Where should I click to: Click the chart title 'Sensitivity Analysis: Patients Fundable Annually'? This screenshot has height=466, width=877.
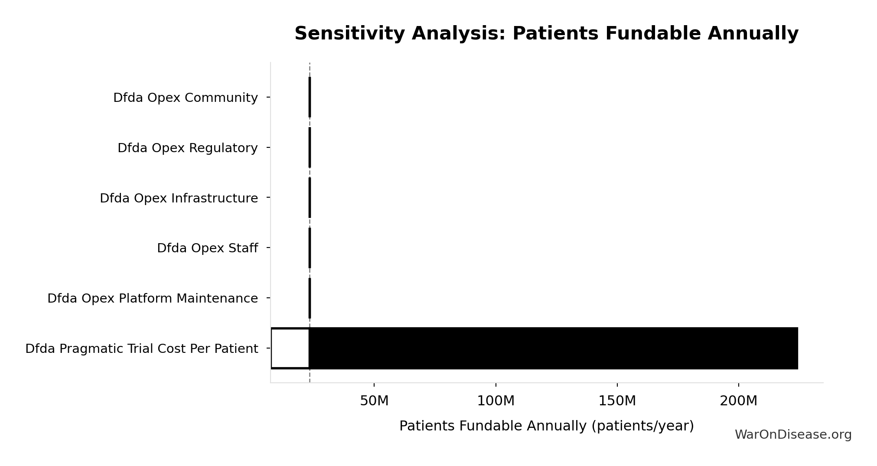(x=546, y=33)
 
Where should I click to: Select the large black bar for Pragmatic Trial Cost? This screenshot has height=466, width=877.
(x=554, y=348)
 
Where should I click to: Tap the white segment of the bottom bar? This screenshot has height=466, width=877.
(x=290, y=348)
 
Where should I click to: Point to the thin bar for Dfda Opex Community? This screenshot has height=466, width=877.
(x=310, y=97)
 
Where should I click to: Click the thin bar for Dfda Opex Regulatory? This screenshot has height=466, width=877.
(x=310, y=147)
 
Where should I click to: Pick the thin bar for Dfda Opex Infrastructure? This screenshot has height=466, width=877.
(x=310, y=198)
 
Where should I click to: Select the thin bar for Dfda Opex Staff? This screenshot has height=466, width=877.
(x=310, y=248)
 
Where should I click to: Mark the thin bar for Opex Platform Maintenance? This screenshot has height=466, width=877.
(x=310, y=298)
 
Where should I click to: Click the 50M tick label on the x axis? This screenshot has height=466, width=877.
(x=374, y=401)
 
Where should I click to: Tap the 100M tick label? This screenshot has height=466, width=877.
(x=496, y=401)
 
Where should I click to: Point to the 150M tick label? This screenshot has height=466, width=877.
(x=617, y=401)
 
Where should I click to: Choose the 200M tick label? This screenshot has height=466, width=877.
(x=738, y=401)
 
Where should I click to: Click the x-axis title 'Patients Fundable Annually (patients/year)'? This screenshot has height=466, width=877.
(x=546, y=426)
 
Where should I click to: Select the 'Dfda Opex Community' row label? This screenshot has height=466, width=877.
(x=186, y=98)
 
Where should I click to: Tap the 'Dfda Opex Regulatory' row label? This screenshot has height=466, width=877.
(x=188, y=148)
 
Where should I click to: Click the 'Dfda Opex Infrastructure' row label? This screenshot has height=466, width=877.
(x=179, y=198)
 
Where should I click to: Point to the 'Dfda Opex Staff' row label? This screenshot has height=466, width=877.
(x=208, y=248)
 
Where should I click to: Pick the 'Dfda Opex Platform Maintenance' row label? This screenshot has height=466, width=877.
(x=153, y=299)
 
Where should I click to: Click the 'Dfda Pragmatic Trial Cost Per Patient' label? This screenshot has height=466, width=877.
(x=142, y=349)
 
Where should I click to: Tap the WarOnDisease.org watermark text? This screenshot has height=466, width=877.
(x=793, y=435)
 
